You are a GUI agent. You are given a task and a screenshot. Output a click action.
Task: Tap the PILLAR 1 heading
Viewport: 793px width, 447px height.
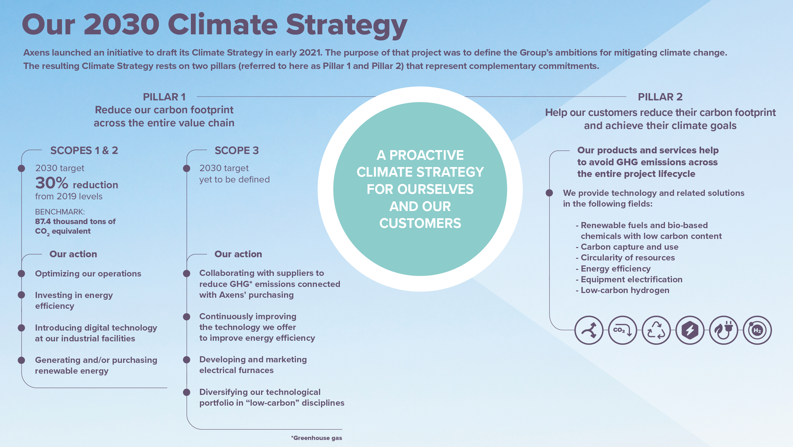pos(164,97)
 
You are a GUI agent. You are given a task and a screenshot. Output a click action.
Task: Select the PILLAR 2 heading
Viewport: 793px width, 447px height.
pos(660,97)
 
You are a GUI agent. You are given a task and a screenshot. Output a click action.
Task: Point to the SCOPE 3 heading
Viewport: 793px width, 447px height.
pos(236,150)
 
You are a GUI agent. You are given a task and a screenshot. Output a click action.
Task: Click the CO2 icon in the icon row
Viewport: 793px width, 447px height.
pos(622,330)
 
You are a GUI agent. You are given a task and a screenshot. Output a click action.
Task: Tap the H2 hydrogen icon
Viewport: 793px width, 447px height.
pos(757,330)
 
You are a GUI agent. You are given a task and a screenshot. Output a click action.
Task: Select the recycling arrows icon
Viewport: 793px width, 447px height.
pos(656,330)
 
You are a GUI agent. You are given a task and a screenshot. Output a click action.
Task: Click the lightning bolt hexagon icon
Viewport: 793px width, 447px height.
pos(690,330)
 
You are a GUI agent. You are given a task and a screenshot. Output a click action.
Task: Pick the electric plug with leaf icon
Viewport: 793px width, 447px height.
pos(723,330)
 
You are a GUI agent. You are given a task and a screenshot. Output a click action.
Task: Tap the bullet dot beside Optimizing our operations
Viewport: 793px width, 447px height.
pos(21,273)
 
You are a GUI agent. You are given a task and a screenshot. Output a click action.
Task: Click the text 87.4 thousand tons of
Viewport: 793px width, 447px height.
pos(75,221)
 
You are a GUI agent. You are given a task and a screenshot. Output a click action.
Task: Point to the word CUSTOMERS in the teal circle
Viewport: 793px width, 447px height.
pos(420,223)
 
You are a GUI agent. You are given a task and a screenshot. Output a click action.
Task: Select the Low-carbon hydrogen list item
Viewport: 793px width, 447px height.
pos(625,290)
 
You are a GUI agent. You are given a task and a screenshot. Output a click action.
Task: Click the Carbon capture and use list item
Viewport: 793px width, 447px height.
pos(629,247)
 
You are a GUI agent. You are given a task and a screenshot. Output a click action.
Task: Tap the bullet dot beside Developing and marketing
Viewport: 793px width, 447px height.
pos(187,360)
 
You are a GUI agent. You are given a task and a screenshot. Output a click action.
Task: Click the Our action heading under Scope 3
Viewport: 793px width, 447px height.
pos(238,254)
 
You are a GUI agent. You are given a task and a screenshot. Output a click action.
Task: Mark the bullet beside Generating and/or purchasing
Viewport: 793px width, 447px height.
pos(21,360)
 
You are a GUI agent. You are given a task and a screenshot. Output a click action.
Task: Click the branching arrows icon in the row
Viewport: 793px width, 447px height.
pos(589,330)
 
